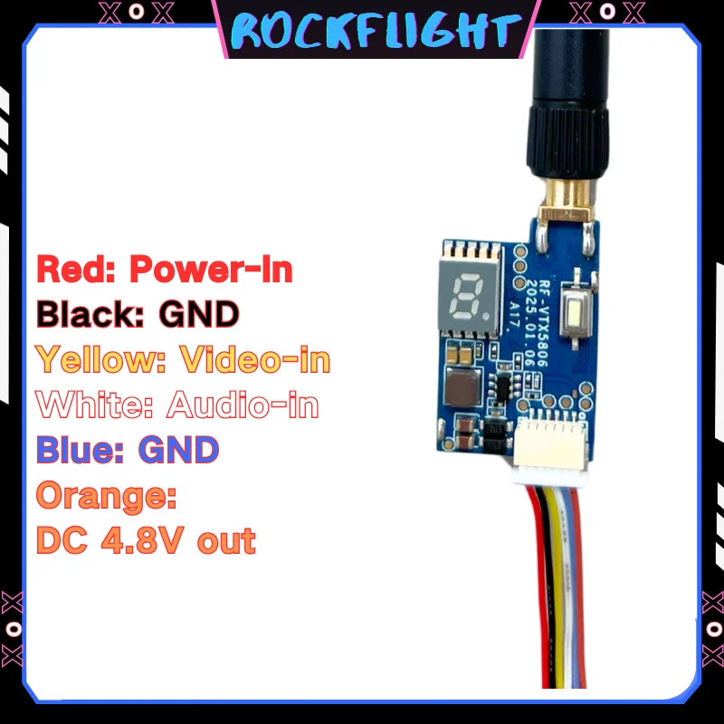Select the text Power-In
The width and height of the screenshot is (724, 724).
coord(211,269)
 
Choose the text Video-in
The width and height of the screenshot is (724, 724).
coord(255,359)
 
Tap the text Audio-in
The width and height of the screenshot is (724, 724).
coord(243,404)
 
